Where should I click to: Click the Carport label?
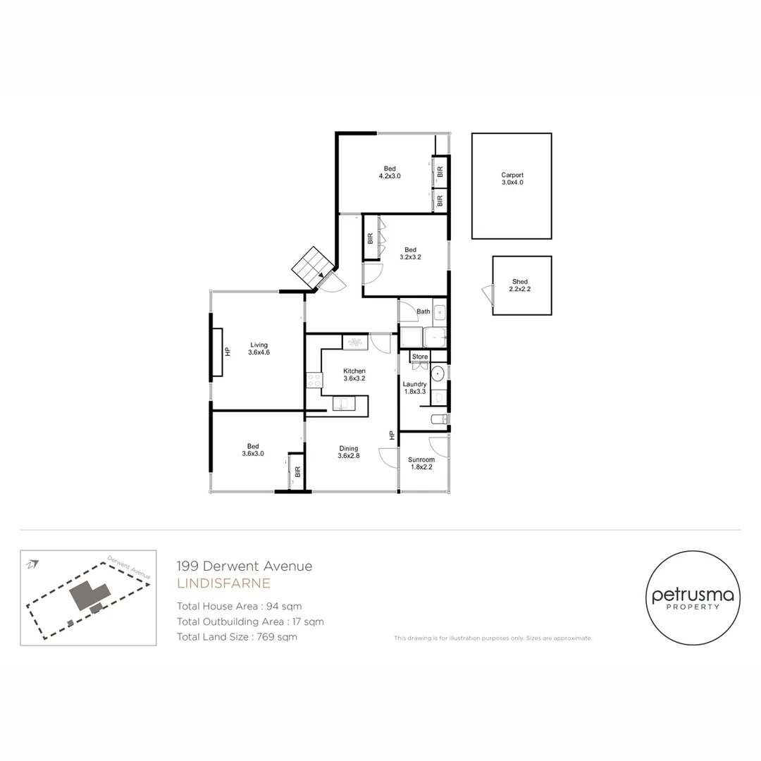512,178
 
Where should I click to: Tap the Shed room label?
520,285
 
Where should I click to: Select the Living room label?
259,348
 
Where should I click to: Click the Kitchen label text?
354,375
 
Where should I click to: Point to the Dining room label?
349,452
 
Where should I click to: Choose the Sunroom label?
421,463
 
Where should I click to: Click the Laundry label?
415,388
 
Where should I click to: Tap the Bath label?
423,311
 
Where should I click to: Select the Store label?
420,357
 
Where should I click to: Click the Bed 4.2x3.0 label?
390,172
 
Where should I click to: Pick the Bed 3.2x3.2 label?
411,253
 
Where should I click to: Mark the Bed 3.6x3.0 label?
253,450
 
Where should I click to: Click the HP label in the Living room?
228,352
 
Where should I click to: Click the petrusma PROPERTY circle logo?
693,599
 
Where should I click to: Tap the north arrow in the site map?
32,564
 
